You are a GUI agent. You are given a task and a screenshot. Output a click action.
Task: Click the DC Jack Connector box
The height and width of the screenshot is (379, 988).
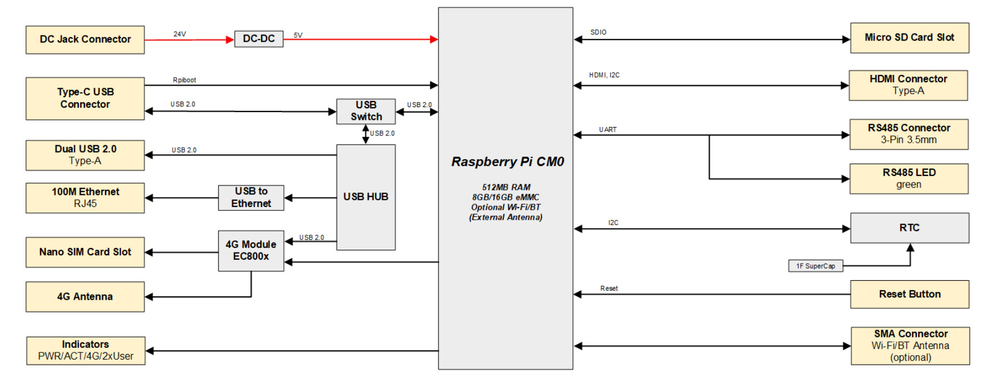(85, 39)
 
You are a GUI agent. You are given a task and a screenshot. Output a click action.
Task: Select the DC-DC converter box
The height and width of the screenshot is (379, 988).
(259, 39)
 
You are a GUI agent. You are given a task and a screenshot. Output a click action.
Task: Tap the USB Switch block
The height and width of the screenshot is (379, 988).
(366, 111)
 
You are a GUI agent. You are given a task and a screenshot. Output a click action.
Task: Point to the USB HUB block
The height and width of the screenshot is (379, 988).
(366, 197)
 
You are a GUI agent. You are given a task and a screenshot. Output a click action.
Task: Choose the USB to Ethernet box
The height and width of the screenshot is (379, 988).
(251, 198)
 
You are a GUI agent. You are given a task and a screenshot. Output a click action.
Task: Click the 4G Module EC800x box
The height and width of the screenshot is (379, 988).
(251, 251)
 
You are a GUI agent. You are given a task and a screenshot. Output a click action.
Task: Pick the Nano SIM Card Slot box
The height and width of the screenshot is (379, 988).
(85, 252)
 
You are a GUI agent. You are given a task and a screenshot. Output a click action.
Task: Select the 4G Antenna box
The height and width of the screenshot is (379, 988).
(85, 297)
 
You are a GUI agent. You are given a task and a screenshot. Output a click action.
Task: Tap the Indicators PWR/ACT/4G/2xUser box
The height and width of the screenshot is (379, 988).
(86, 351)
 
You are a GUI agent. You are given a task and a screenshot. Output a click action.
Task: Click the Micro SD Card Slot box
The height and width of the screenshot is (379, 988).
(909, 38)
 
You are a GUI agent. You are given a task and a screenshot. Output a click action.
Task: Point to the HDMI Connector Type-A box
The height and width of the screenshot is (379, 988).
(908, 85)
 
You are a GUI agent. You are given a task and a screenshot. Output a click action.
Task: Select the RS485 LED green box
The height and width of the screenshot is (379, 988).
(909, 179)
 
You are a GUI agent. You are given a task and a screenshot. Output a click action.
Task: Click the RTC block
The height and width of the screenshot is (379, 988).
(909, 228)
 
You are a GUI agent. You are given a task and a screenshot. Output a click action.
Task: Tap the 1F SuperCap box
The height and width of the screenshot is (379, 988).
(815, 266)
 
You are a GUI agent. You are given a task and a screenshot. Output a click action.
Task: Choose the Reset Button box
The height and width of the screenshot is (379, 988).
(909, 294)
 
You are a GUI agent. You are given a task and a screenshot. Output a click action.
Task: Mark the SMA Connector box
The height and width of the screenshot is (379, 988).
(910, 346)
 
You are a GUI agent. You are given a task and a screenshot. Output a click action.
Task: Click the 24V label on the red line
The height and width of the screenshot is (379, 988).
(179, 34)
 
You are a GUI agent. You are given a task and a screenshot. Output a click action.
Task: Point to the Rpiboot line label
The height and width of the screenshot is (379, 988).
(184, 80)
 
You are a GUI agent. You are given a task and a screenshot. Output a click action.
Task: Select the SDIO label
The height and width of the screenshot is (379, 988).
(598, 33)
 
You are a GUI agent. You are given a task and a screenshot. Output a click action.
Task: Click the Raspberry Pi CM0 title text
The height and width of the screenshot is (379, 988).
(507, 162)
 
